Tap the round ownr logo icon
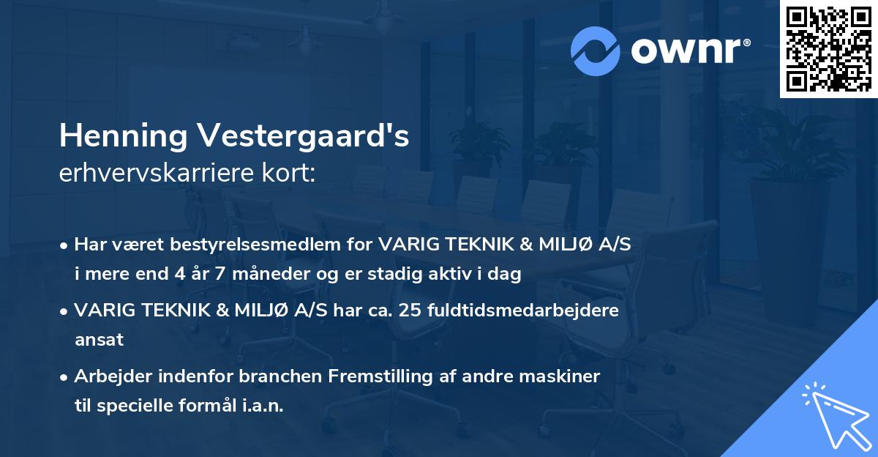[596, 51]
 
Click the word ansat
[99, 340]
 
